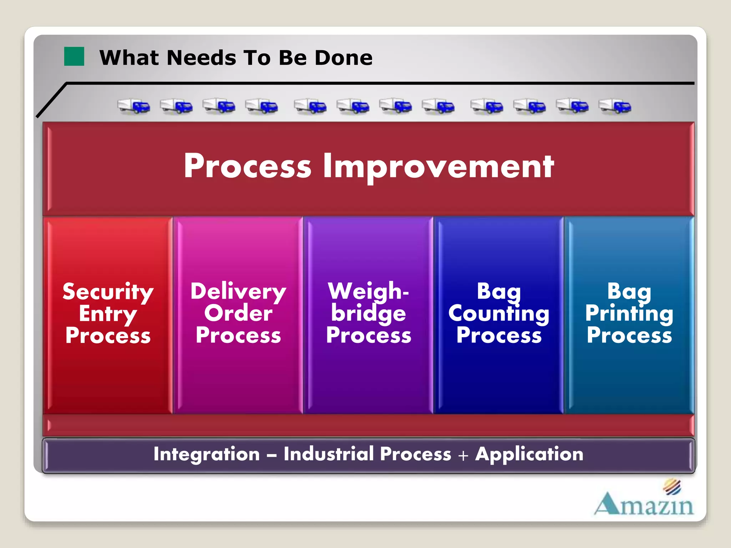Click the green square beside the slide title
[74, 56]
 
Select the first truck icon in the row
[134, 106]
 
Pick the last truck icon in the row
[615, 106]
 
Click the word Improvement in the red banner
[438, 166]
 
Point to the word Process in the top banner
[247, 166]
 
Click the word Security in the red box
[108, 292]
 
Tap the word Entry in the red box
[108, 314]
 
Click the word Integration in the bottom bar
[206, 454]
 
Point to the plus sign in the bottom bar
[463, 456]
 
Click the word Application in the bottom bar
[529, 454]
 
